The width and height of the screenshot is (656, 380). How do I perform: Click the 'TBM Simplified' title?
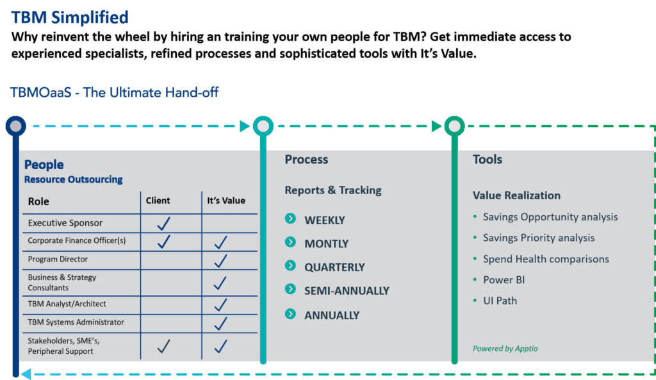pos(70,17)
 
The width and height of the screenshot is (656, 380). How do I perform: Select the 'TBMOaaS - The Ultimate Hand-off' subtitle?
pos(114,92)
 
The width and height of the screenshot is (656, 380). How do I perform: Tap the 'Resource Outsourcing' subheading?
pos(73,179)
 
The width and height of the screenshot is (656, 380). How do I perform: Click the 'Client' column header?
pos(158,201)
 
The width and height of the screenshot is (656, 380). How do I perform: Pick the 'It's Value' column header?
pos(226,201)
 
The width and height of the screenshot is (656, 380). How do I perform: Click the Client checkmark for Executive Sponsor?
pos(163,224)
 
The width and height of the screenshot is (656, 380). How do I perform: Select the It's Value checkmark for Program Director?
pos(220,261)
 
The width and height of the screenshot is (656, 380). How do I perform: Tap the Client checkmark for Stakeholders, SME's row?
pos(163,346)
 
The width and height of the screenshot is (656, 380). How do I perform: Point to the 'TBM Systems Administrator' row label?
pos(76,322)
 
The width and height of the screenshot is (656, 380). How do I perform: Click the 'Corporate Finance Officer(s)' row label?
pos(77,241)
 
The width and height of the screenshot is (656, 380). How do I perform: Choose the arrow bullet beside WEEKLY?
pos(290,219)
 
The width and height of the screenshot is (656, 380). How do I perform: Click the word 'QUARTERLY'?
pos(334,267)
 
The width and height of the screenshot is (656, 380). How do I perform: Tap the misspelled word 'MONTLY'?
pos(326,244)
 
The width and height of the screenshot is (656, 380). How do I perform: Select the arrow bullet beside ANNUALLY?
pos(290,314)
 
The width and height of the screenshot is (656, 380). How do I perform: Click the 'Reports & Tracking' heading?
pos(333,190)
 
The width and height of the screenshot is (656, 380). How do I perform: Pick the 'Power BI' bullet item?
pos(504,280)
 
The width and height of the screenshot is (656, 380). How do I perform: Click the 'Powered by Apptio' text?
pos(505,349)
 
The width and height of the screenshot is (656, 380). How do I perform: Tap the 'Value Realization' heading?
pos(516,195)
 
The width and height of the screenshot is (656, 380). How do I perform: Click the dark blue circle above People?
pos(16,126)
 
